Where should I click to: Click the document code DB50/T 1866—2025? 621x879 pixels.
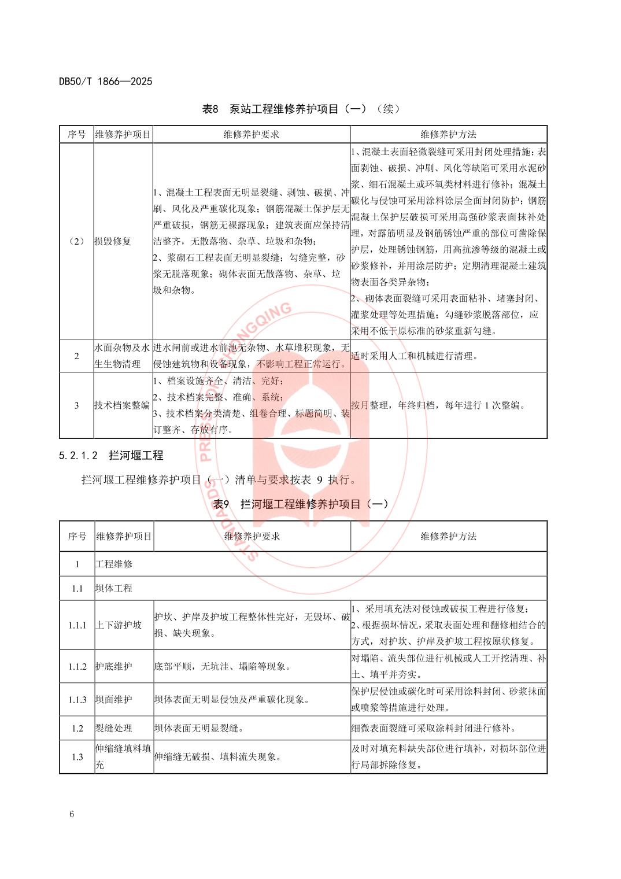pos(105,82)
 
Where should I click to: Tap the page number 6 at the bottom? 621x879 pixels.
pos(72,814)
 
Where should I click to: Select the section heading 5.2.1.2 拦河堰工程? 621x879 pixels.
pos(111,456)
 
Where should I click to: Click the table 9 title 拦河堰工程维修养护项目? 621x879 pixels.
pos(301,504)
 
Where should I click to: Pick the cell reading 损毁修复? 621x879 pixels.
pos(113,241)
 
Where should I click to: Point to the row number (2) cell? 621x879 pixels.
pos(76,241)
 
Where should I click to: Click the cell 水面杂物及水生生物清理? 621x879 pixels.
pos(123,356)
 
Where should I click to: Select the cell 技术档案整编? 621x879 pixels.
pos(122,405)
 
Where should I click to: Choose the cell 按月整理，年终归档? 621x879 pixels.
pos(438,405)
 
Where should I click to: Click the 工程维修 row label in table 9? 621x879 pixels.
pos(114,564)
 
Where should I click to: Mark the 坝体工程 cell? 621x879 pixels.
pos(114,588)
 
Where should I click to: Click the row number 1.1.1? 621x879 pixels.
pos(77,625)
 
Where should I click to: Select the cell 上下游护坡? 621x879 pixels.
pos(119,625)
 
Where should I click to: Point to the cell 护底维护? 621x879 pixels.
pos(114,666)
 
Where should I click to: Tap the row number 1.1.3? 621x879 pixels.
pos(77,700)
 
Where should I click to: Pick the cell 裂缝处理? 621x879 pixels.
pos(114,728)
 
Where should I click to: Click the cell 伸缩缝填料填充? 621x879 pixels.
pos(123,756)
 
